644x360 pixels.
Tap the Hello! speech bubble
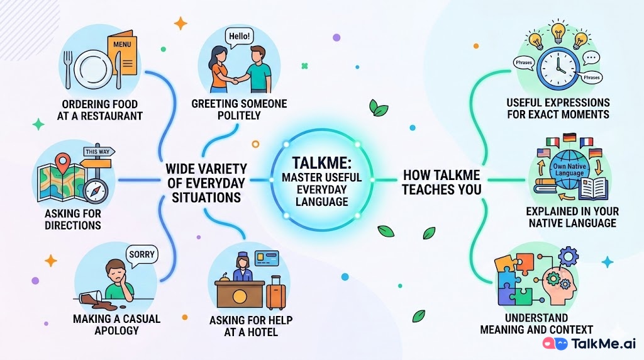pos(239,36)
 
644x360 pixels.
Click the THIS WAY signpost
pos(99,152)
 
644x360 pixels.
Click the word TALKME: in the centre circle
pos(321,163)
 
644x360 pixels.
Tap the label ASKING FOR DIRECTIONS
pos(73,219)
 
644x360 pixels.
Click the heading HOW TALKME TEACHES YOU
pos(441,181)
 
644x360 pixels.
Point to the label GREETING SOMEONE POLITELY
pos(239,110)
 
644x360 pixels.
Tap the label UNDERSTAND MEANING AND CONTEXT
pos(536,323)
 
